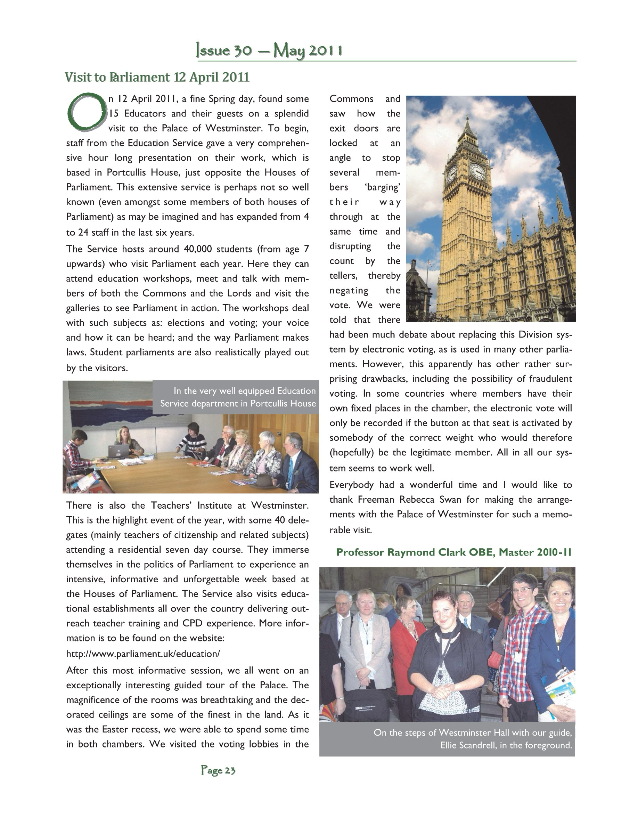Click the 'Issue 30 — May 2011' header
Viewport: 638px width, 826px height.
point(269,51)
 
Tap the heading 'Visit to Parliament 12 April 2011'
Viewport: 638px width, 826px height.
point(157,77)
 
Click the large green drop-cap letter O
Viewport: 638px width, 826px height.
point(87,112)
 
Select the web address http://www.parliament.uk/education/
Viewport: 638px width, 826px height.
point(143,654)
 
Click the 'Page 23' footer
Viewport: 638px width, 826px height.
point(218,770)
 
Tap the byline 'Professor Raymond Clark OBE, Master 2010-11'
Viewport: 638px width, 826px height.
point(453,552)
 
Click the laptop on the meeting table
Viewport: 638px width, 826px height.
point(118,451)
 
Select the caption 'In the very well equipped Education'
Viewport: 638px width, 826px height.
point(245,391)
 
